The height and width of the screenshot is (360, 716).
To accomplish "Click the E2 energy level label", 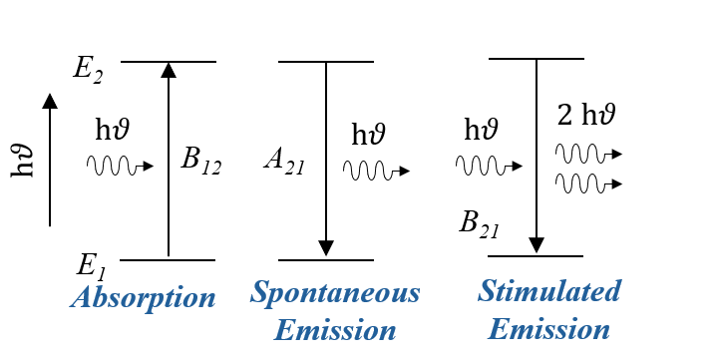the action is (x=88, y=71).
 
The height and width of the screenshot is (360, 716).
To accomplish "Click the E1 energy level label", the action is (x=92, y=266).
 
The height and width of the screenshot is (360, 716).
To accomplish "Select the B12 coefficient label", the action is (x=200, y=161).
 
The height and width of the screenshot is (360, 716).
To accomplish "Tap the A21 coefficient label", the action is (x=284, y=163).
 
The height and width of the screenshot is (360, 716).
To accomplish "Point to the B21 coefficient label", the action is (x=479, y=224).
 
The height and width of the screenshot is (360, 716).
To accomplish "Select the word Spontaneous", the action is (x=335, y=293).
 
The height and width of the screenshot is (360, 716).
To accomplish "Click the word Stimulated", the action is (x=549, y=291).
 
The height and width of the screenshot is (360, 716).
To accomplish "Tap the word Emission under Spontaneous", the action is (x=335, y=330).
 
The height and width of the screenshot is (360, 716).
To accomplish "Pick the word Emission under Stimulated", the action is (x=548, y=329).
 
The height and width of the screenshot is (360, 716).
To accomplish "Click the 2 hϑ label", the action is (x=586, y=115).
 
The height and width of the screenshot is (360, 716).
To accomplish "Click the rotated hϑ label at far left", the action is (x=22, y=161).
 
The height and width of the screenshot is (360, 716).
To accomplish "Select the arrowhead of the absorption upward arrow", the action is (x=169, y=70).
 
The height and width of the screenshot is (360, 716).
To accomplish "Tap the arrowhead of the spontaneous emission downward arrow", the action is (x=326, y=248).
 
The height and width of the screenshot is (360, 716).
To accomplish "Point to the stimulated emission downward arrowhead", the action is (x=537, y=245).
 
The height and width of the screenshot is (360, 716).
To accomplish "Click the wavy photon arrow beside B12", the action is (x=120, y=166).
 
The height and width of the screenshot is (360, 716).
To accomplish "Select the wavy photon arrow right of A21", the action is (x=376, y=171).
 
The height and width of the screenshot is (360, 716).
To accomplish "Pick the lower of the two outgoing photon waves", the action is (x=589, y=183).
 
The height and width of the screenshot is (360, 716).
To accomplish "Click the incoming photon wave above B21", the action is (x=489, y=165).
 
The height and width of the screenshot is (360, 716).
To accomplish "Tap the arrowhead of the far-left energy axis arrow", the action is (x=50, y=101).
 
